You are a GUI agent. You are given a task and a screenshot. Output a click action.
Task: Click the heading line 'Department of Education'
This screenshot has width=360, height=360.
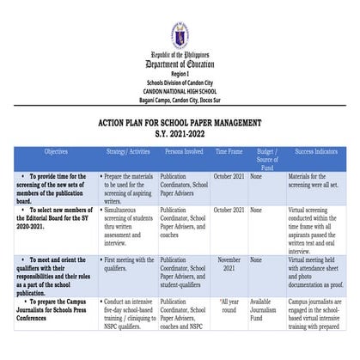pyautogui.click(x=180, y=64)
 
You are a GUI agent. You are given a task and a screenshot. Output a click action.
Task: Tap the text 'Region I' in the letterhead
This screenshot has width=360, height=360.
pyautogui.click(x=180, y=74)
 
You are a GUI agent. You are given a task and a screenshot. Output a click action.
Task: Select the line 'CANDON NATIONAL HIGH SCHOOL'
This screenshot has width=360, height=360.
pyautogui.click(x=180, y=89)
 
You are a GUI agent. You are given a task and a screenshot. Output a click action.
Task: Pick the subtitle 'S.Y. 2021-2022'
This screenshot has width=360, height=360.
pyautogui.click(x=180, y=136)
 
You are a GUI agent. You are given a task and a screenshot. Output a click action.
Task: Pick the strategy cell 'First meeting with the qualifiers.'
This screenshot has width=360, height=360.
pyautogui.click(x=128, y=263)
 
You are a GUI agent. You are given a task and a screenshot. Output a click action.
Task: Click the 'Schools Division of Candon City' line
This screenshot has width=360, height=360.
pyautogui.click(x=180, y=82)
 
